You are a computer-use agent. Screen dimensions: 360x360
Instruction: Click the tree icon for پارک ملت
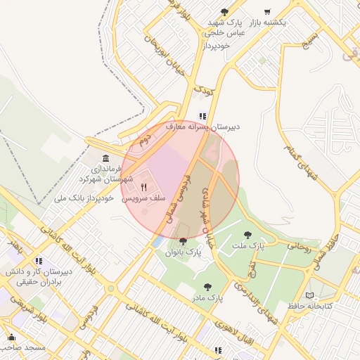coord(247,235)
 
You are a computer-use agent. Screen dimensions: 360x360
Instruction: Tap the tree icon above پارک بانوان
coord(184,241)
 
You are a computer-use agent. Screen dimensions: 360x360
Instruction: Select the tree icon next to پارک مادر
coord(207,287)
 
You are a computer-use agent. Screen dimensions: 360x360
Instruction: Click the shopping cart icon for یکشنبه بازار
coord(266,12)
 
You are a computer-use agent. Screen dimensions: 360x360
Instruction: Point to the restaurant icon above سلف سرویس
coord(144,187)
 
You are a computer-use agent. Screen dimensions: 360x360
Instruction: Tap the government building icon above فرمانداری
coord(105,158)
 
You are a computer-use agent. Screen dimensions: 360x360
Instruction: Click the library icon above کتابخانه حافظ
coord(311,295)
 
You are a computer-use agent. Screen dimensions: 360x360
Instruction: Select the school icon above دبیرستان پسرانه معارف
coord(202,116)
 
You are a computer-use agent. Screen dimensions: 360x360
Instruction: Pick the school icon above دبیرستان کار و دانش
coord(39,260)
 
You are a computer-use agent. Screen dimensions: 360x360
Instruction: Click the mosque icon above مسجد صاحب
coord(11,337)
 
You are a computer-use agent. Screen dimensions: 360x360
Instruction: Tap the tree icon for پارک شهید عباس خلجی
coord(224,12)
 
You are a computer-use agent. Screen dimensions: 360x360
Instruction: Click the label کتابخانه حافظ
coord(309,306)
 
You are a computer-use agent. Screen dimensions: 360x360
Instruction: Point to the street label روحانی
coord(297,247)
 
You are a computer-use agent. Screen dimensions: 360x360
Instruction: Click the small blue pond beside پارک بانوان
coord(157,241)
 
